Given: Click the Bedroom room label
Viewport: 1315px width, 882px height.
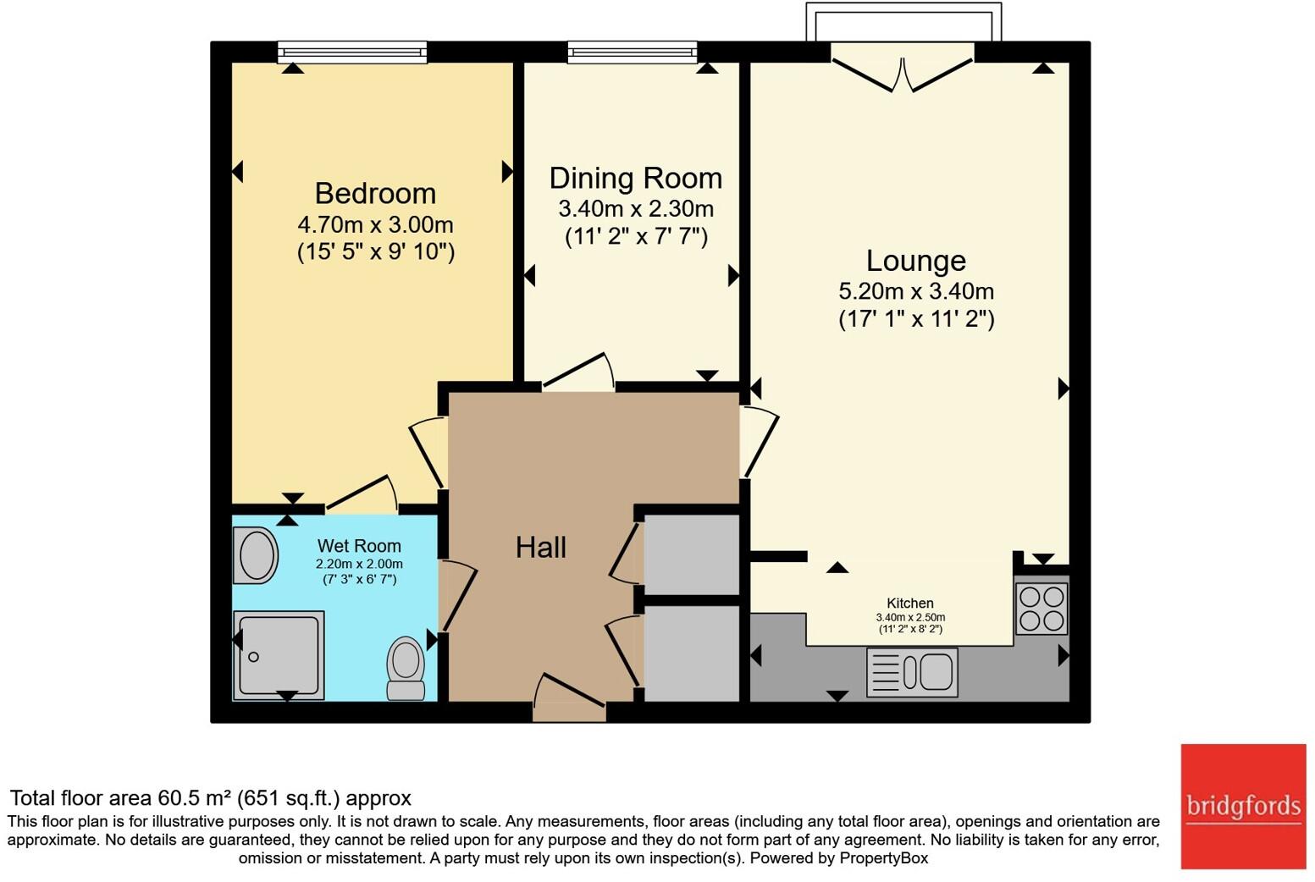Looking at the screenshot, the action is point(375,194).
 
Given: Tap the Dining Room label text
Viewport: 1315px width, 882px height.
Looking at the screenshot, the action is point(636,179).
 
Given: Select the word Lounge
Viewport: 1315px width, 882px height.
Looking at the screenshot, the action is point(916,262).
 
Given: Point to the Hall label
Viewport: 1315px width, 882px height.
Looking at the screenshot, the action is point(541,548).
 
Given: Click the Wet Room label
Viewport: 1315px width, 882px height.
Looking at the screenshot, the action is point(359,546).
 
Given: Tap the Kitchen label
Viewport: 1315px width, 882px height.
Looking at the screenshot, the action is point(910,603).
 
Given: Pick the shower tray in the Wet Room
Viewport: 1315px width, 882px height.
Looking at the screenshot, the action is point(279,655).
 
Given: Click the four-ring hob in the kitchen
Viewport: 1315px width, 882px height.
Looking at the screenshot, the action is point(1042,609).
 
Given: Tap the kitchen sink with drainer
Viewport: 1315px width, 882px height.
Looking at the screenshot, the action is point(912,672).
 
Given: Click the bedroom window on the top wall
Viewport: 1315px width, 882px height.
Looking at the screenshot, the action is point(352,52).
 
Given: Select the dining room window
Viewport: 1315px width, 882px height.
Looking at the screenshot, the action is point(633,52).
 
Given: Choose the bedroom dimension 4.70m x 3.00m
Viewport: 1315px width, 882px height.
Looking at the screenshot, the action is point(376,225).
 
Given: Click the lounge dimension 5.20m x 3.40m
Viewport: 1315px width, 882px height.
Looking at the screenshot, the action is point(916,291).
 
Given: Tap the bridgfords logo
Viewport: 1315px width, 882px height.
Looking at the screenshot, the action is point(1243,807).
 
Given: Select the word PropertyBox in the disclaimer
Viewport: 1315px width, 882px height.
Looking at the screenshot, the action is point(884,858).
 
